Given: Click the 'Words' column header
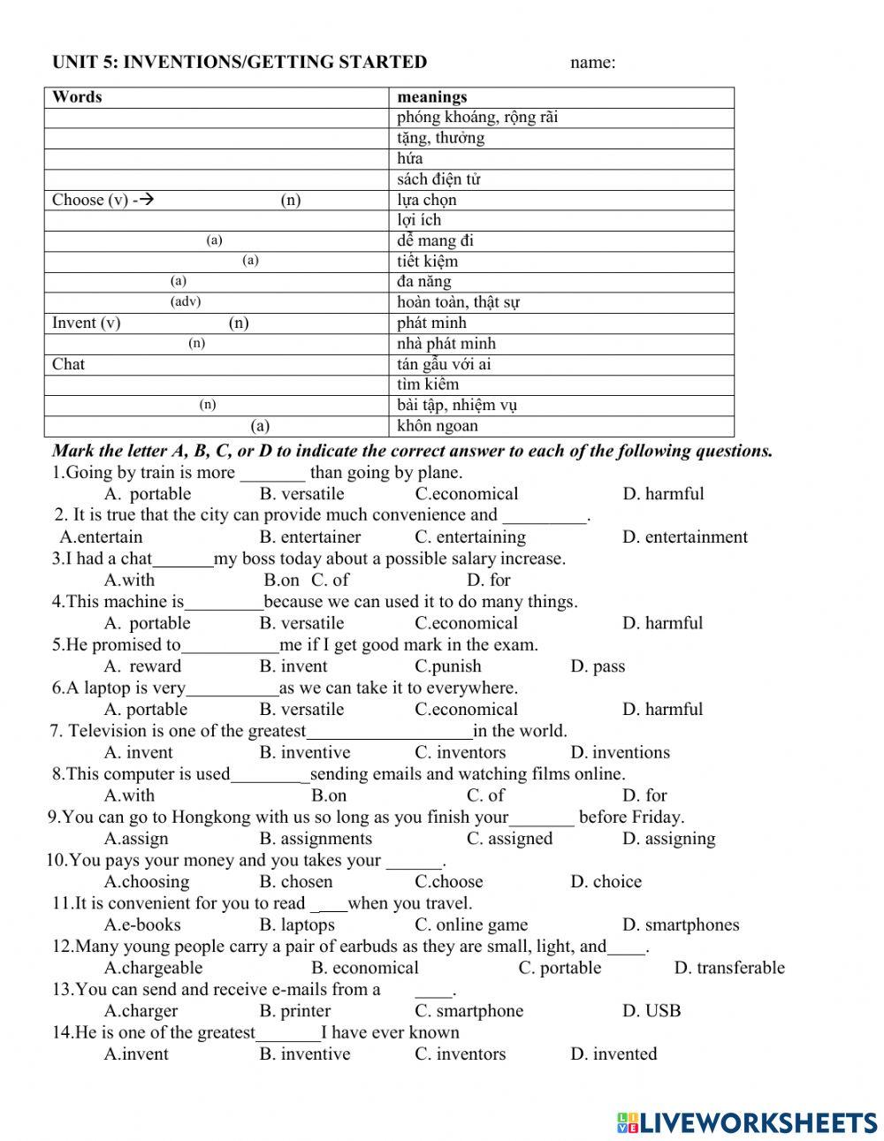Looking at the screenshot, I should (77, 97).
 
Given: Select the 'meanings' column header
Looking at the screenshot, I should (432, 97).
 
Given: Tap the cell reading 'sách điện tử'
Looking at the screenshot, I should (438, 179).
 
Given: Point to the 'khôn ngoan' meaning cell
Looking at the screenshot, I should (438, 426).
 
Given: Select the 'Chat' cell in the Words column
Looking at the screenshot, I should (69, 364).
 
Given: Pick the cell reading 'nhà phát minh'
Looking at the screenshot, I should (446, 344).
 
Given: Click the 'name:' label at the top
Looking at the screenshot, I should (592, 62).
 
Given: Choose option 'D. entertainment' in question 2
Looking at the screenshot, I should (684, 537).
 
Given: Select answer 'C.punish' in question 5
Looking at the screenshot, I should (448, 666).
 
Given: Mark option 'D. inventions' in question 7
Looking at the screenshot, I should (620, 753).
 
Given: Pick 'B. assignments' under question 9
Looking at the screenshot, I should (316, 839).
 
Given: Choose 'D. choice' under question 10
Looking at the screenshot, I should (606, 882).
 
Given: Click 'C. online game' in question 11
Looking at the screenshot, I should (471, 925).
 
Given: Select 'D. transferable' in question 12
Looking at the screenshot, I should (729, 968).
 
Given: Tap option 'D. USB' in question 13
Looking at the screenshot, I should (652, 1011).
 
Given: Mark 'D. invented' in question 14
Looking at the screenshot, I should (613, 1054).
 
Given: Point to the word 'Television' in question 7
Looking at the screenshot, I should (110, 731).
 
